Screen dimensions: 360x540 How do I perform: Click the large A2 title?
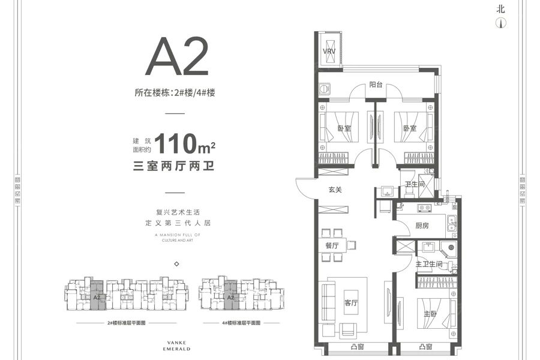[x=177, y=56]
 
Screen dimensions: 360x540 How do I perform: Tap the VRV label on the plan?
[x=329, y=52]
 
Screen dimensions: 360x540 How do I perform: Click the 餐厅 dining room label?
[x=332, y=245]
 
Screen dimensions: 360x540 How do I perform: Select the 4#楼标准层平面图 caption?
[x=240, y=323]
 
